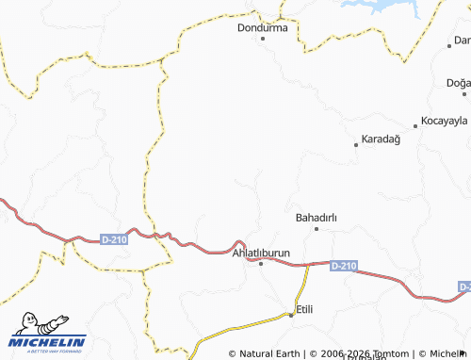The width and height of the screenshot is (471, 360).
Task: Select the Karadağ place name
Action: click(382, 139)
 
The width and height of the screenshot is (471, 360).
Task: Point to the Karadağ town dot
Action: click(356, 144)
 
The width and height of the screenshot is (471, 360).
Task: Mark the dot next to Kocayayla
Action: click(415, 125)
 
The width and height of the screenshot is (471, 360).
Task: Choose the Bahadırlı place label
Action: click(316, 218)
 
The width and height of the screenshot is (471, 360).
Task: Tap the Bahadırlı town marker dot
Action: click(317, 229)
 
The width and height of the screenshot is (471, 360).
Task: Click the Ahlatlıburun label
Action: click(261, 254)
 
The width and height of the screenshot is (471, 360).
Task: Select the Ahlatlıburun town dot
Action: click(261, 264)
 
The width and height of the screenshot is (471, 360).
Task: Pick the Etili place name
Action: click(304, 309)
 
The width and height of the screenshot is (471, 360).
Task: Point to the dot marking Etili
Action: click(291, 314)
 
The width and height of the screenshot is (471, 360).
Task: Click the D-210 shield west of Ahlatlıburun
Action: click(113, 240)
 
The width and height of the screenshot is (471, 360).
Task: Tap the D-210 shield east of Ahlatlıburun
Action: click(344, 267)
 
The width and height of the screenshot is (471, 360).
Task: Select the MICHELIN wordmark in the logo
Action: click(47, 341)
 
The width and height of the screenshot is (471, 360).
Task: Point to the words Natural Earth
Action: click(270, 353)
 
